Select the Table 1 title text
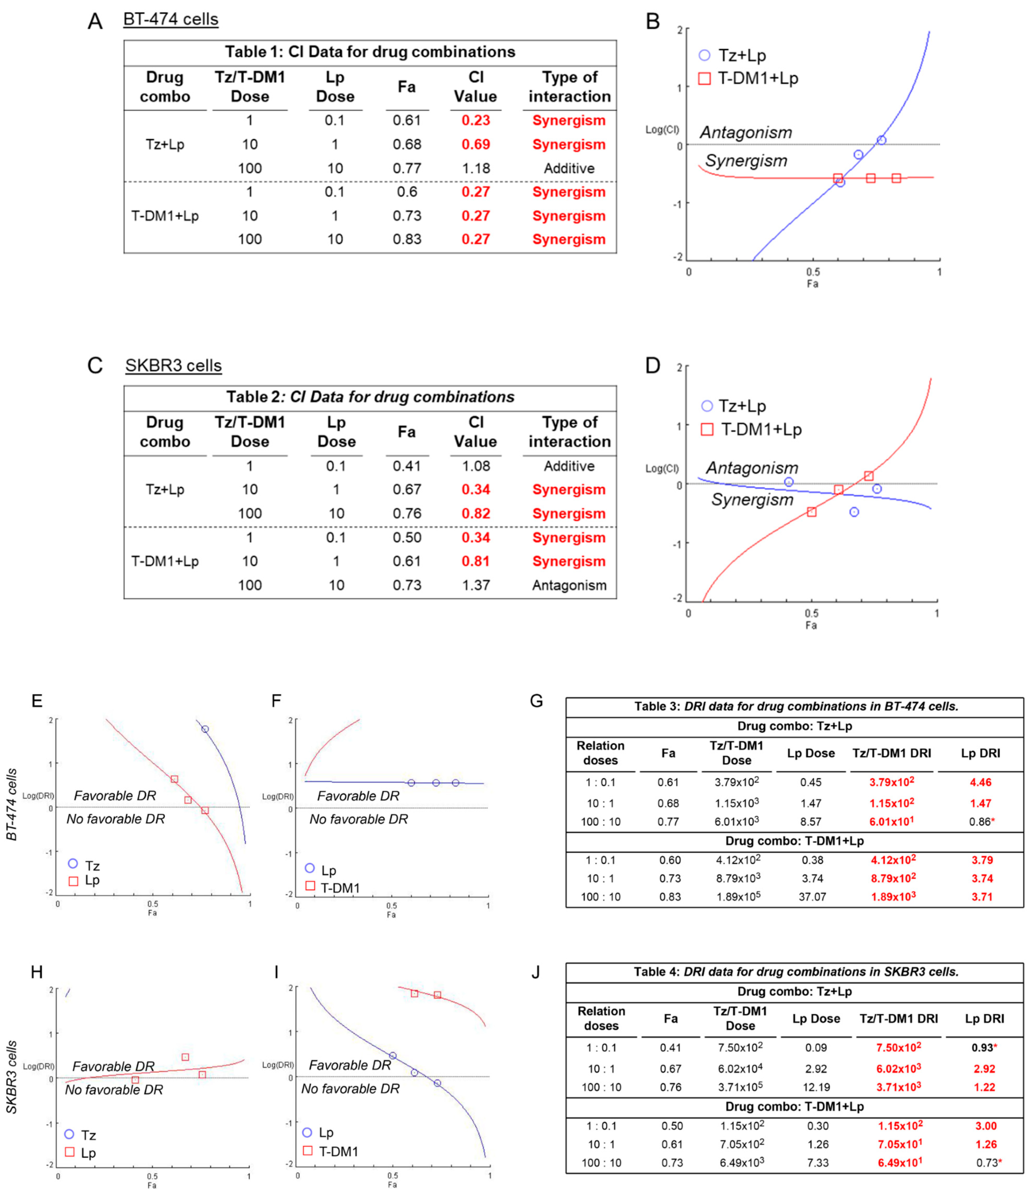(370, 52)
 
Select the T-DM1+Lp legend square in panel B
(704, 78)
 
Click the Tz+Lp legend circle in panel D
(706, 406)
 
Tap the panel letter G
(536, 701)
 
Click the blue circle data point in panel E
(205, 729)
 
